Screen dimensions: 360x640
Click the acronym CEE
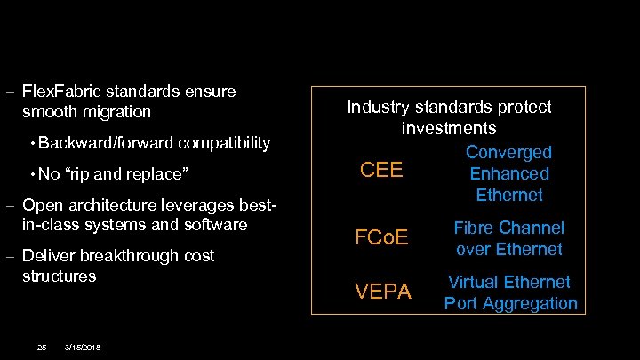(381, 169)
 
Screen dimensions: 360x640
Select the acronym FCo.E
(381, 237)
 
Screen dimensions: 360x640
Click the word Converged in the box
(508, 153)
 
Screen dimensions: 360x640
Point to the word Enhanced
(508, 173)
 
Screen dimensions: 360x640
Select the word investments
(448, 129)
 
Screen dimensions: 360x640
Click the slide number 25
(41, 346)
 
